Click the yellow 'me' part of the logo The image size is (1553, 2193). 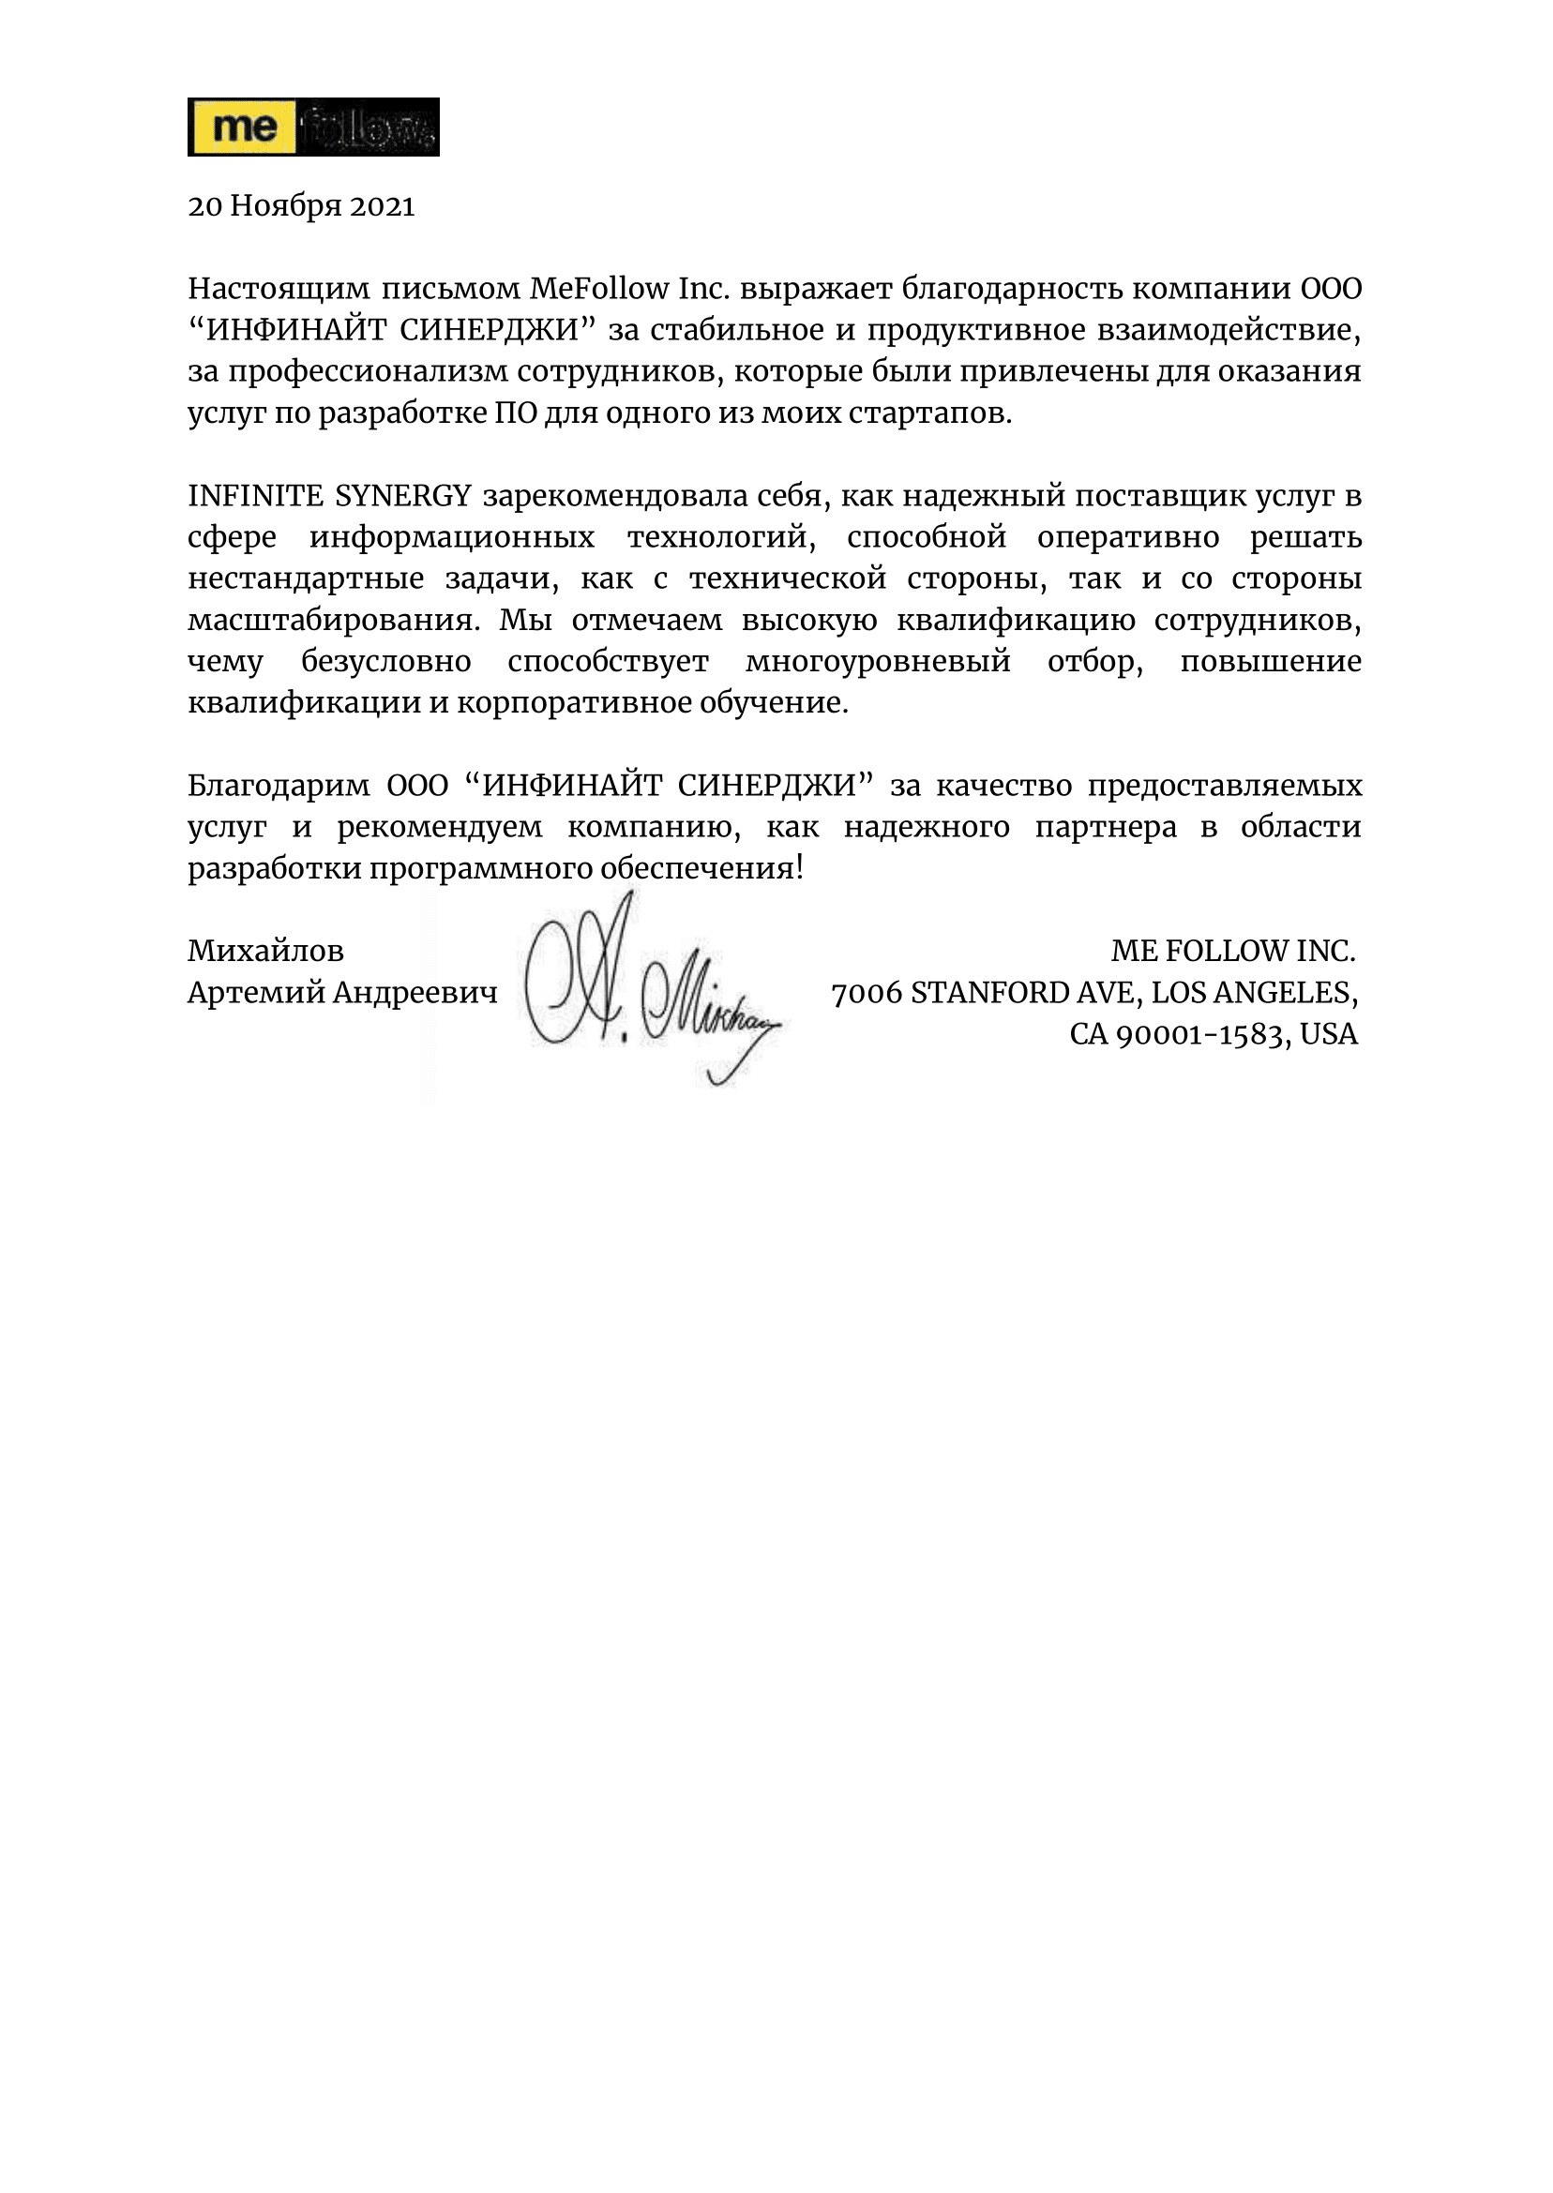(243, 128)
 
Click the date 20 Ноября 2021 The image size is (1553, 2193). (301, 206)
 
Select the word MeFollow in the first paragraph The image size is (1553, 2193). (598, 288)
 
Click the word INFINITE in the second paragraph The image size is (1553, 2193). (255, 495)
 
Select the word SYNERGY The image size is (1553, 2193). (402, 495)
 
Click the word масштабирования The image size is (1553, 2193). (333, 620)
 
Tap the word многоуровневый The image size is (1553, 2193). (877, 661)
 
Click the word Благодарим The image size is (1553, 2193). (279, 785)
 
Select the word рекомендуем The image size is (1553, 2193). (439, 827)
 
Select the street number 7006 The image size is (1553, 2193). (867, 993)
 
